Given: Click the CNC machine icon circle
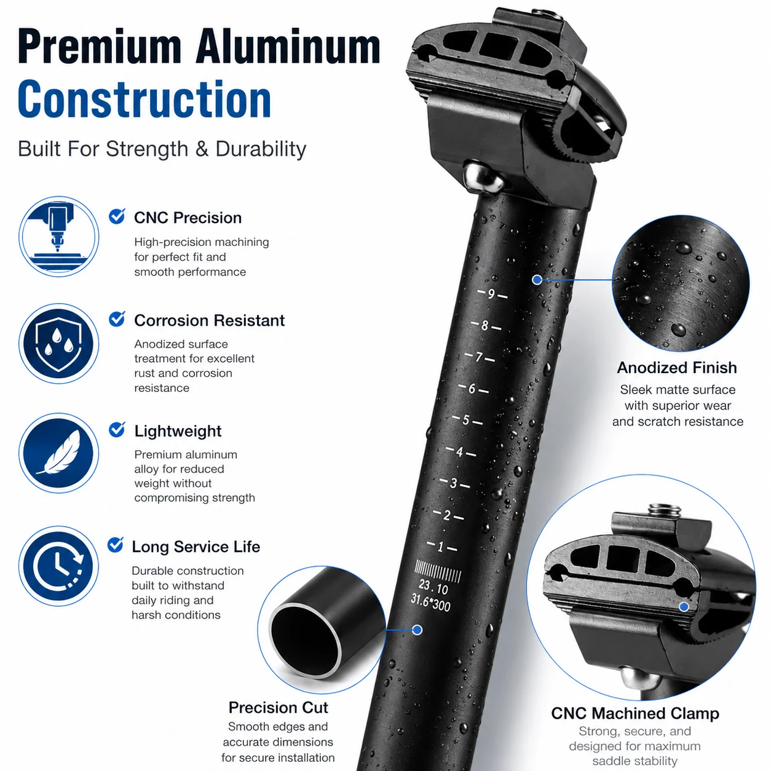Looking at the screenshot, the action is (59, 236).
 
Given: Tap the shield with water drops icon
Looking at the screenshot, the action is (59, 343).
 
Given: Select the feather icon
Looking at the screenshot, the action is (59, 453).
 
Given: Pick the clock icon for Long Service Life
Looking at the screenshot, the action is (59, 566).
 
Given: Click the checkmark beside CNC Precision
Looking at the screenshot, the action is (117, 216).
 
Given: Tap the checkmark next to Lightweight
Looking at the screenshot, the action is (117, 429).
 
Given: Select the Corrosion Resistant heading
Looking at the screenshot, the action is (209, 320).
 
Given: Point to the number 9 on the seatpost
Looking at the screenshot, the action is (492, 294).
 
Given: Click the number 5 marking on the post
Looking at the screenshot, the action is (466, 420).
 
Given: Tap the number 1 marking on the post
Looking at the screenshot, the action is (440, 547).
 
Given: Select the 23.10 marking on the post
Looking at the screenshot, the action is (433, 587).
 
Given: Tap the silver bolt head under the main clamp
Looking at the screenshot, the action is (483, 176).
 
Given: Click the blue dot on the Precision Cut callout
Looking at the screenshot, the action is (417, 630).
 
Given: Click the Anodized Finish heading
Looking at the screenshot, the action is (677, 368).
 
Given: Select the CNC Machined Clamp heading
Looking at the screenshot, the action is (635, 713).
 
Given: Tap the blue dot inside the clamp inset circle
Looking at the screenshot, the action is (684, 607).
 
